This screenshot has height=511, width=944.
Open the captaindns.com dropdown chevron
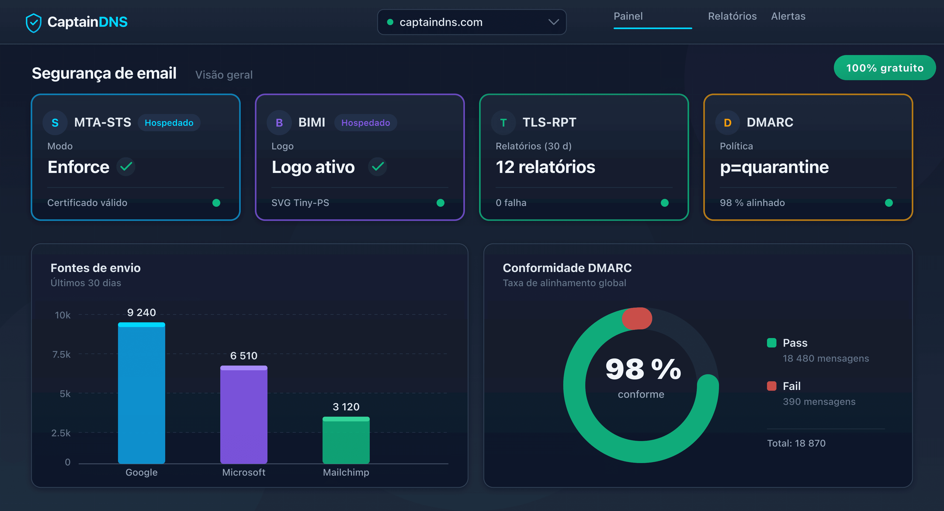(553, 22)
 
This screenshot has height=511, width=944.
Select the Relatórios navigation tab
(732, 16)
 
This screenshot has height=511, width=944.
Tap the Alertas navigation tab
(788, 16)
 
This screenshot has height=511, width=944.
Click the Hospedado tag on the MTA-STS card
(169, 123)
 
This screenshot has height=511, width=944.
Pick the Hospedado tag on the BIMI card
(365, 123)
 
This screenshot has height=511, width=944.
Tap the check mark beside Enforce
(126, 167)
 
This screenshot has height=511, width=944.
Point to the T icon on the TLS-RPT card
(503, 123)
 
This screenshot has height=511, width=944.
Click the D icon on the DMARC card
(727, 123)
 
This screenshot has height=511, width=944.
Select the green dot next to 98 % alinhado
(888, 203)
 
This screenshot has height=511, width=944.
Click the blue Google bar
(141, 394)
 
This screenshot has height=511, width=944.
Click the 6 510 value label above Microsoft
(244, 356)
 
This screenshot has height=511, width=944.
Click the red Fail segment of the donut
(637, 318)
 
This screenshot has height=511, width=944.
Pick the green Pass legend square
(771, 343)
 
